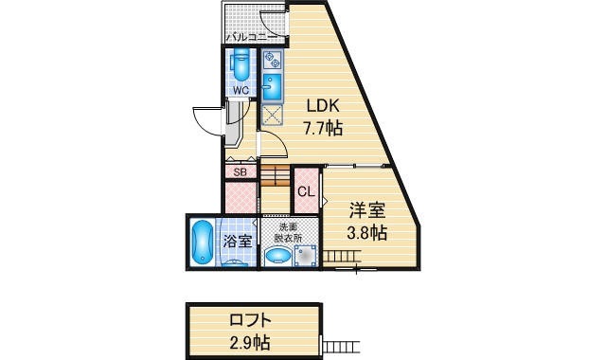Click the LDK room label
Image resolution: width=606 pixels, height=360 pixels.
click(323, 105)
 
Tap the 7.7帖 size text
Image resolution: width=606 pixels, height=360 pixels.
click(323, 128)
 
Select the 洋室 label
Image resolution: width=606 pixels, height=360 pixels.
click(367, 210)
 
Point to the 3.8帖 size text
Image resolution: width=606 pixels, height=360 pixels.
click(366, 233)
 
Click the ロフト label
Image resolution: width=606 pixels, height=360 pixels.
click(250, 320)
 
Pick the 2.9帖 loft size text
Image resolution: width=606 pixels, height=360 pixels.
click(250, 342)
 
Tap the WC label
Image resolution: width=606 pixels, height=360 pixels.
click(241, 91)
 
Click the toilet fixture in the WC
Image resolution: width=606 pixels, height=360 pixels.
click(241, 64)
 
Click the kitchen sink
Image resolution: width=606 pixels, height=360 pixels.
click(272, 87)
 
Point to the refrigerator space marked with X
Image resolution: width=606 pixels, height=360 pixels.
click(272, 115)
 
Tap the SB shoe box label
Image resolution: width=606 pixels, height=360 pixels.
click(240, 172)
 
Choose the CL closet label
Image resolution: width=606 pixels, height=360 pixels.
click(306, 191)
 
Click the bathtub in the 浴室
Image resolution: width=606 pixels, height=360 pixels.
click(202, 243)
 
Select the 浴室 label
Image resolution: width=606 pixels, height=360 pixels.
click(238, 242)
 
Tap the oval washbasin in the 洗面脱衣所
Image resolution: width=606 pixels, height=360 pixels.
click(278, 256)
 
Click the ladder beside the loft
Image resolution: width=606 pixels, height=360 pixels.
click(342, 347)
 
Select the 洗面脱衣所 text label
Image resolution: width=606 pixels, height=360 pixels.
click(288, 232)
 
